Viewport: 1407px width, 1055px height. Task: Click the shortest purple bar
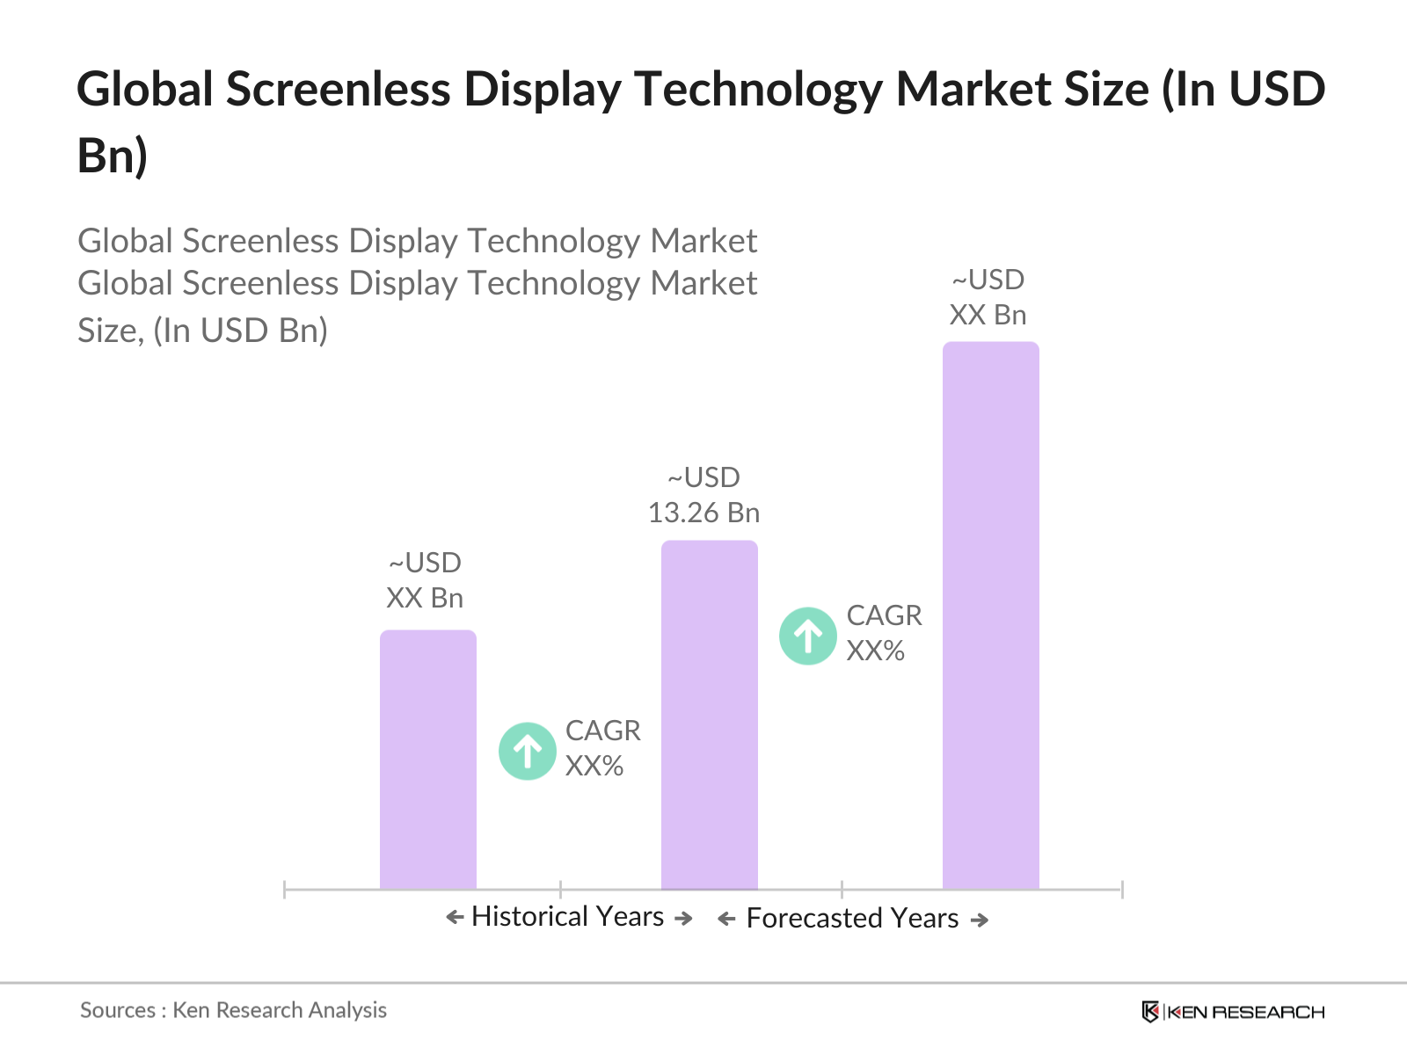(427, 760)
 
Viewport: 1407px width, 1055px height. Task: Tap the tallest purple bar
(990, 615)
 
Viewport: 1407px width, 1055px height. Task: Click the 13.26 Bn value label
(703, 513)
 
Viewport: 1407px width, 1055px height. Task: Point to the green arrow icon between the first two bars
(527, 751)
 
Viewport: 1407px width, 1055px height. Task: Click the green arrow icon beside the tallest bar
(807, 636)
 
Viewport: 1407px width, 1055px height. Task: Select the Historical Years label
(567, 917)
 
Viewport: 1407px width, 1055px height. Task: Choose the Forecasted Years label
(852, 919)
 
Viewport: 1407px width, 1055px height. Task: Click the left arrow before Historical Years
(455, 918)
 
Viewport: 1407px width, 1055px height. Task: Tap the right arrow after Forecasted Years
(980, 920)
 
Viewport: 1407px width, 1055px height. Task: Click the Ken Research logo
(1233, 1012)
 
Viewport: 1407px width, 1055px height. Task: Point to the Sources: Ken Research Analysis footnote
(233, 1010)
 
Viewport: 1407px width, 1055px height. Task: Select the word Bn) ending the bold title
(113, 156)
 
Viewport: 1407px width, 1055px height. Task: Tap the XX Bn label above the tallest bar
(988, 315)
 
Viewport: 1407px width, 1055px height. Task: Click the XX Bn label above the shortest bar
(425, 598)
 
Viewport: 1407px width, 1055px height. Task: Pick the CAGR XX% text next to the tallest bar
(884, 633)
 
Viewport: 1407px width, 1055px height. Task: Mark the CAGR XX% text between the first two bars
(602, 748)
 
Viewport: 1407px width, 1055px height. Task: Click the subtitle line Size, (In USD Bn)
(202, 331)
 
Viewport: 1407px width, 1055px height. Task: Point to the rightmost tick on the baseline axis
(1122, 889)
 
